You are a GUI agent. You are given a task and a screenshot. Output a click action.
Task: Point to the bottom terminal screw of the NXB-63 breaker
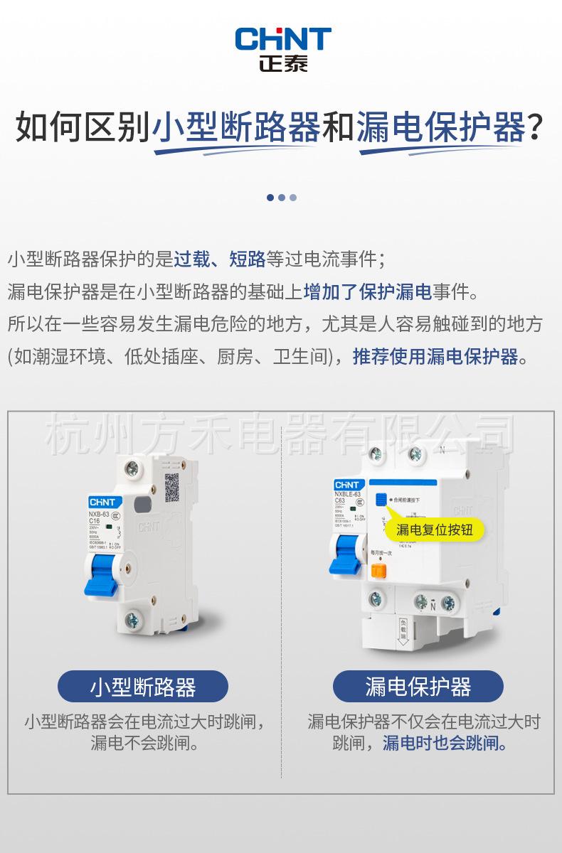click(x=132, y=621)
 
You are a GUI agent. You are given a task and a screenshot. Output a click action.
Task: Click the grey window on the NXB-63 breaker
click(x=142, y=504)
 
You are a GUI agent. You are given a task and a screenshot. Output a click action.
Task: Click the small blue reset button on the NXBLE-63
click(x=381, y=500)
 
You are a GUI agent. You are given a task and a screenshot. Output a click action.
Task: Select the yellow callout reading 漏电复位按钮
click(x=434, y=530)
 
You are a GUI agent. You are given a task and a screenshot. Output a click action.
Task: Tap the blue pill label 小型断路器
click(x=143, y=687)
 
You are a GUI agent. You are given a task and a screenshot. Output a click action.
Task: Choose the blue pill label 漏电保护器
click(x=418, y=687)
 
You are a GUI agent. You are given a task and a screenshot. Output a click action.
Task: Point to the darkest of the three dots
click(x=270, y=198)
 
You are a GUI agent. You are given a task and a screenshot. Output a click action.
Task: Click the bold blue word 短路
click(x=247, y=259)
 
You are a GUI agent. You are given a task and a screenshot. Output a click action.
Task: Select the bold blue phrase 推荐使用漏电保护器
click(x=435, y=356)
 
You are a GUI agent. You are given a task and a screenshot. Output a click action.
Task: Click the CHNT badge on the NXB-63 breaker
click(x=102, y=502)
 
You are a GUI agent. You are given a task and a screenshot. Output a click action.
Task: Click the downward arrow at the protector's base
click(x=402, y=633)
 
